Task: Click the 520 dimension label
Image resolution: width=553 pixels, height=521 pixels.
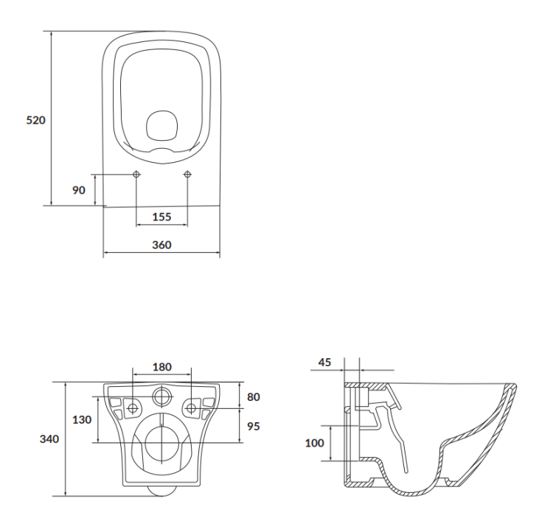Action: [x=36, y=119]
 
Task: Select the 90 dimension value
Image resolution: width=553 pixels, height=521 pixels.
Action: [x=79, y=189]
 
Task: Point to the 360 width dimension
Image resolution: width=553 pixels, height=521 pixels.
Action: [x=161, y=245]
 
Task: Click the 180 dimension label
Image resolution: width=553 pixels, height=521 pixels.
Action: [x=161, y=366]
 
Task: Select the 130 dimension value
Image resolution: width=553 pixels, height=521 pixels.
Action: [x=82, y=419]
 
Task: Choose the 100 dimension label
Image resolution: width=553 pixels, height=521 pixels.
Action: [x=315, y=443]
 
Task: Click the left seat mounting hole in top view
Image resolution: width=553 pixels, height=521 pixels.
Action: [x=136, y=175]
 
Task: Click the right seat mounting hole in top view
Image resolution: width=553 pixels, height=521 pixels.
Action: [x=187, y=175]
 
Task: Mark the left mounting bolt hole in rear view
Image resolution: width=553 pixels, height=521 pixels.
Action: [x=133, y=408]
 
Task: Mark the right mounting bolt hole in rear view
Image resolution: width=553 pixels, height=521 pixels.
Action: [x=191, y=408]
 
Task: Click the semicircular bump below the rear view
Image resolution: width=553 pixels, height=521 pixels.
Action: [x=161, y=490]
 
